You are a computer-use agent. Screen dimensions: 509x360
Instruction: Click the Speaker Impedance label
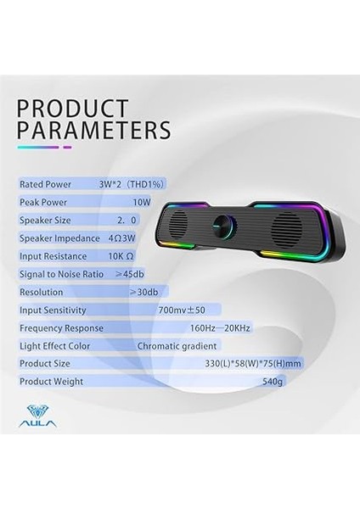point(60,238)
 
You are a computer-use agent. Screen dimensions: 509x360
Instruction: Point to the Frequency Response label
point(62,327)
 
